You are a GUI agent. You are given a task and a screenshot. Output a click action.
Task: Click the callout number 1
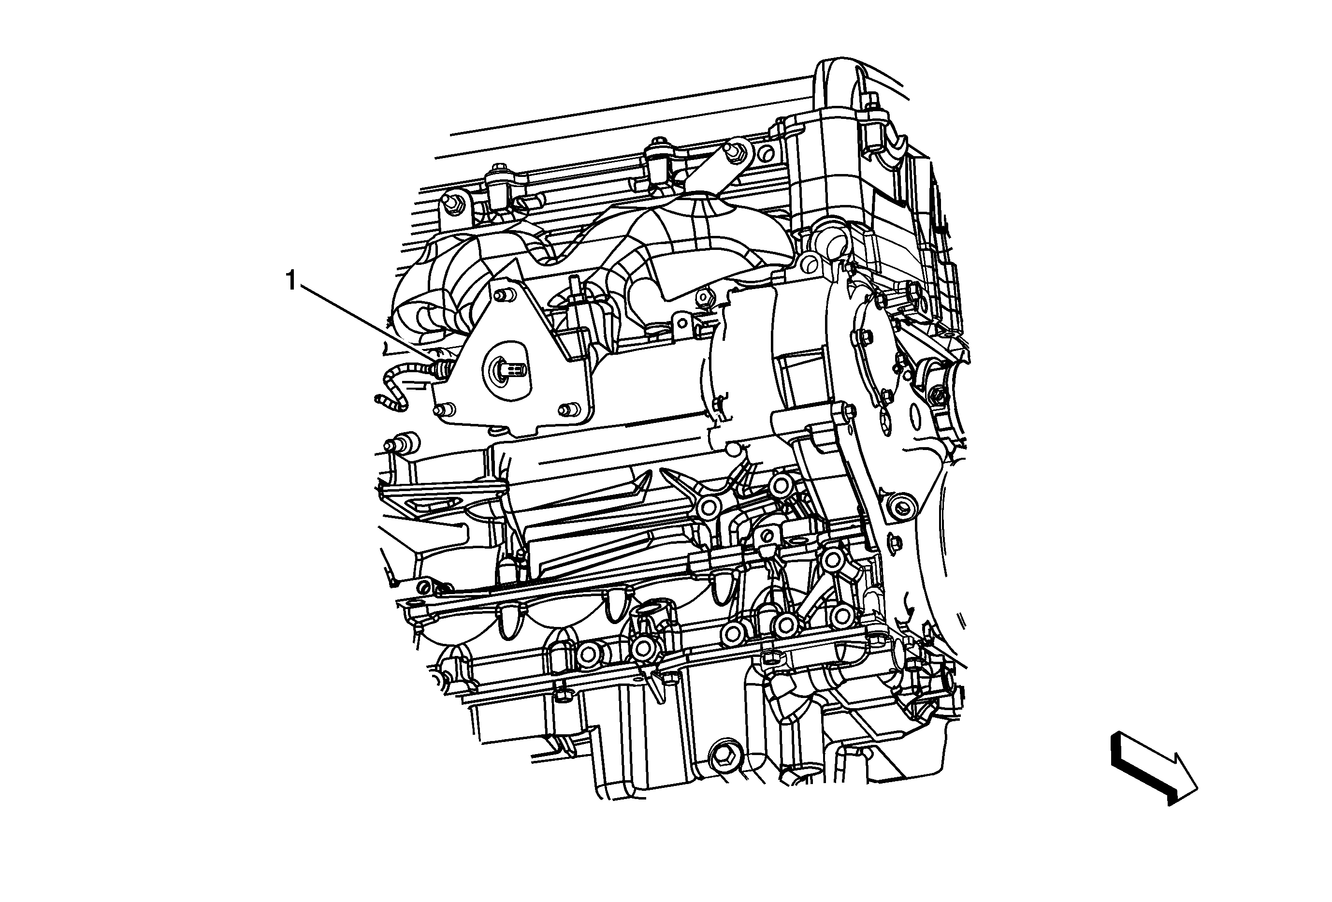292,282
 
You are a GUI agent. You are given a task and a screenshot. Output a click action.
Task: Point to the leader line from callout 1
367,325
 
